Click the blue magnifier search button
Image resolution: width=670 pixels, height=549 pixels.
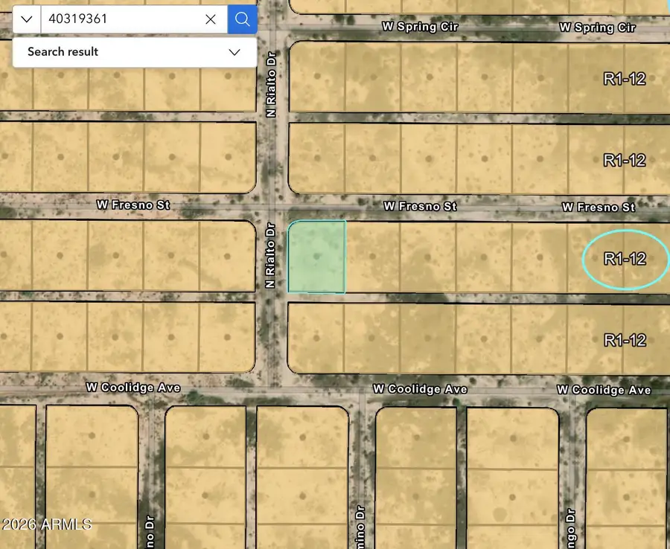[242, 19]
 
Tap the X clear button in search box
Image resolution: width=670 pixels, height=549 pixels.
[211, 19]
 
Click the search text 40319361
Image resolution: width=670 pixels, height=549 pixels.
[78, 19]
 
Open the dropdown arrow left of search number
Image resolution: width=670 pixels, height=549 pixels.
[27, 19]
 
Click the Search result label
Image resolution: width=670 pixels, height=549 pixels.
[63, 52]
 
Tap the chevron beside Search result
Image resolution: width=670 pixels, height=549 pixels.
[234, 52]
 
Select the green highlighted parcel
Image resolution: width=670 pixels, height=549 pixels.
[316, 257]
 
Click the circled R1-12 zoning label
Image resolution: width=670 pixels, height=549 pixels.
[625, 259]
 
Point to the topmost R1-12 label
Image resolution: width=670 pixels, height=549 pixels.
[625, 79]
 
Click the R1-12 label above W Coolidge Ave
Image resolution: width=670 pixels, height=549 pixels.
[625, 340]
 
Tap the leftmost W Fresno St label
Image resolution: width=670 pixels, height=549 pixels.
[133, 204]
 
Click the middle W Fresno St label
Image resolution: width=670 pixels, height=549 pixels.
[420, 205]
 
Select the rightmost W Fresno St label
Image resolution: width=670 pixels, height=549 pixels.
[599, 207]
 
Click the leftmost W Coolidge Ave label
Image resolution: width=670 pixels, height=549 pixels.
[133, 388]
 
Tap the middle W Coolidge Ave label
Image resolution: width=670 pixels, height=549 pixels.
[420, 389]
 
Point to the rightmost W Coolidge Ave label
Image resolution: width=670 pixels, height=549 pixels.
[604, 390]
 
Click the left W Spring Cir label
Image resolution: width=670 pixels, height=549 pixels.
[420, 26]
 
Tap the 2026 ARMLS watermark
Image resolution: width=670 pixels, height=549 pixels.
[46, 524]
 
